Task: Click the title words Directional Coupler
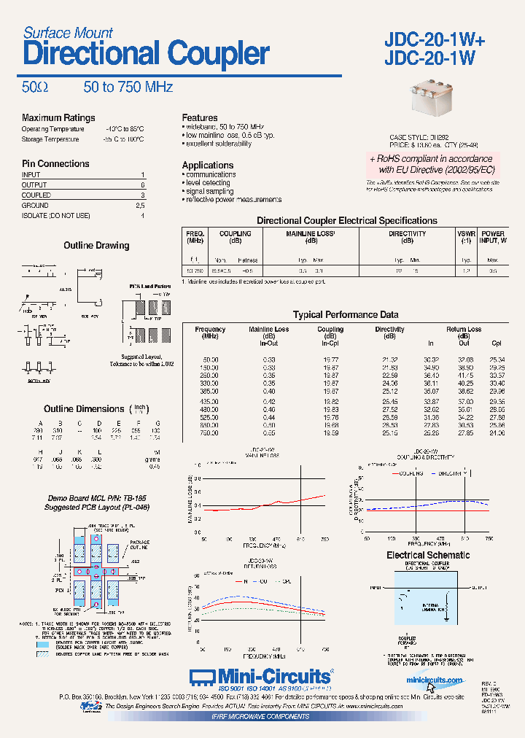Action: (146, 55)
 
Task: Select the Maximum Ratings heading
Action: (58, 117)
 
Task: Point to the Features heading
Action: (200, 117)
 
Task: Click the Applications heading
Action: (208, 165)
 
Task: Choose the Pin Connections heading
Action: (55, 164)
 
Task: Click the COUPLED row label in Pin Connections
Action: (36, 195)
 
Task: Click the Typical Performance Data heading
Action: (346, 314)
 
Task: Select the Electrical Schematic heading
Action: (428, 555)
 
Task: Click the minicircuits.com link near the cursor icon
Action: (435, 680)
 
